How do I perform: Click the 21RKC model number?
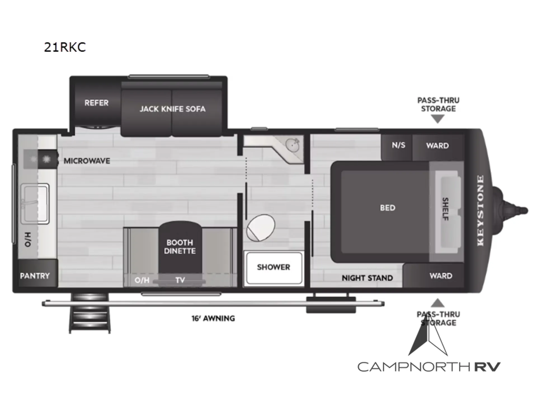(x=65, y=47)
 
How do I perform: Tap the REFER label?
(x=96, y=103)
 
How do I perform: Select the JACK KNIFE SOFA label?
(x=173, y=109)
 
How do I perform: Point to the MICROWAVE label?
(x=87, y=161)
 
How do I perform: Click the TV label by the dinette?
(x=180, y=280)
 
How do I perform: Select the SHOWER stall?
(x=274, y=268)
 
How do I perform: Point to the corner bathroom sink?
(x=292, y=145)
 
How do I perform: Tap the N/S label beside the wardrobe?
(x=398, y=145)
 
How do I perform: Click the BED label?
(x=388, y=208)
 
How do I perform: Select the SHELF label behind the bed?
(x=446, y=209)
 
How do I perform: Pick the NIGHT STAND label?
(x=367, y=278)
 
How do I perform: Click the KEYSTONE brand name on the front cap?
(x=480, y=210)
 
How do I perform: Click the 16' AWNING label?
(x=213, y=318)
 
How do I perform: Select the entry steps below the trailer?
(x=89, y=314)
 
